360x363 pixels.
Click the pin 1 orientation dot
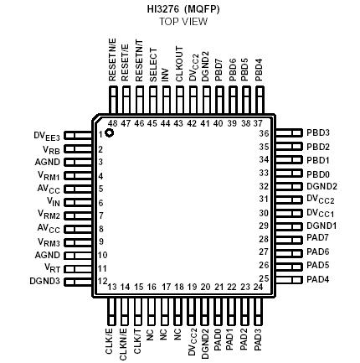108,135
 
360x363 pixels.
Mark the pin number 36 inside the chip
264,133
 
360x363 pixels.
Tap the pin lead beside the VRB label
78,148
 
